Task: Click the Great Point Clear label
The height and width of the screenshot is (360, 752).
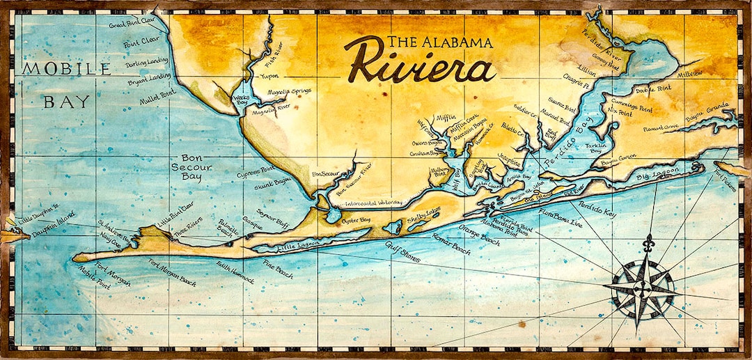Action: (x=132, y=24)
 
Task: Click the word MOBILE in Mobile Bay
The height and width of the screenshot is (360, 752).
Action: (x=66, y=69)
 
